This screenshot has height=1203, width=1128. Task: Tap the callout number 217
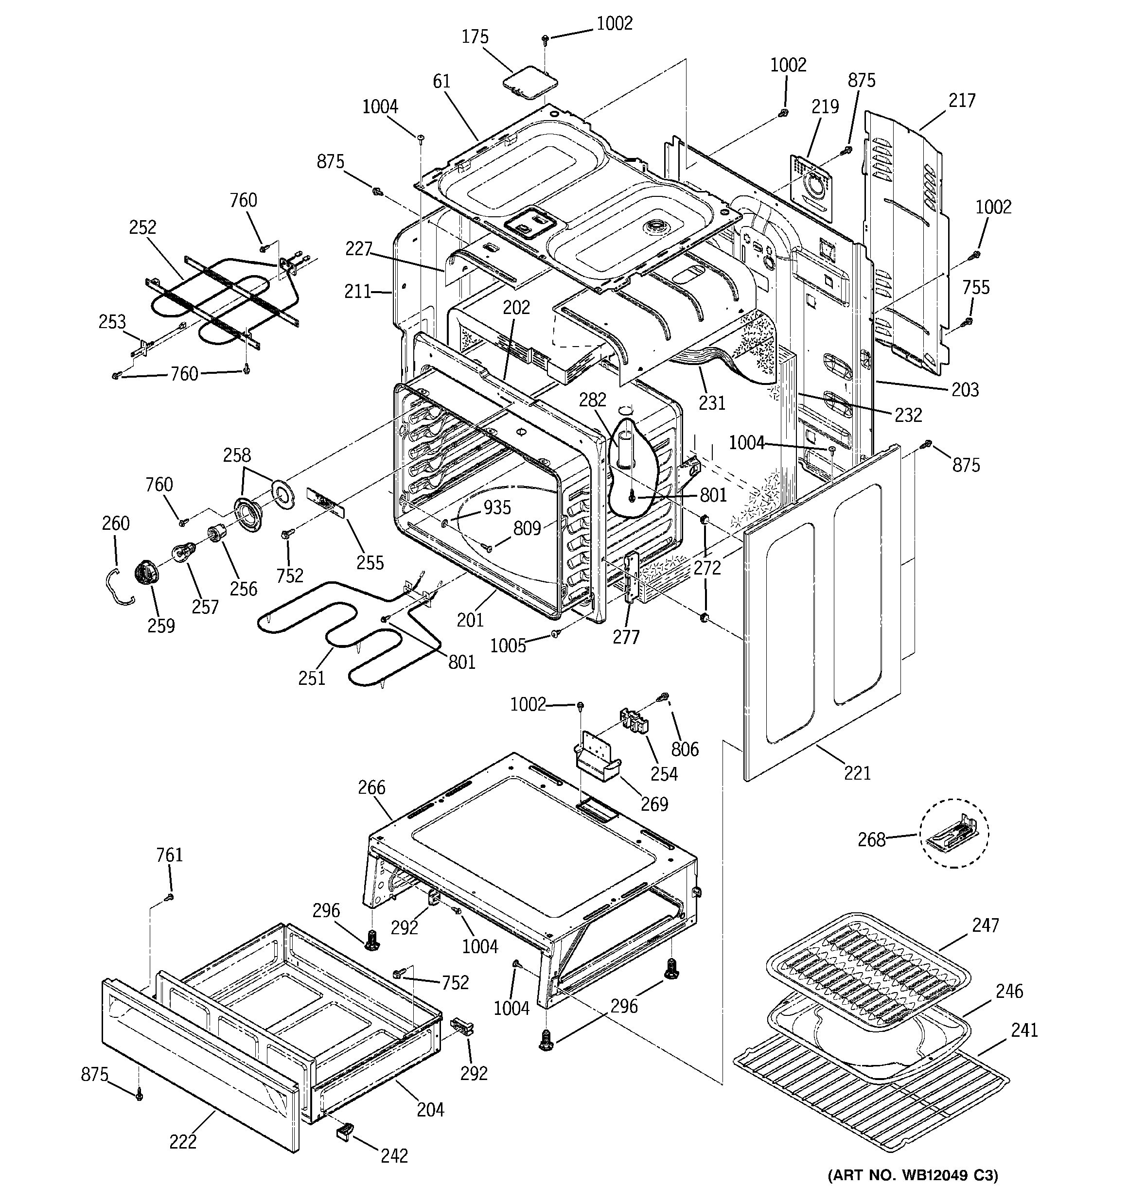pyautogui.click(x=962, y=101)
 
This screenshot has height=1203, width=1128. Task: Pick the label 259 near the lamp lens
pyautogui.click(x=161, y=626)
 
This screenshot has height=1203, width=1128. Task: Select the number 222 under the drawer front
pyautogui.click(x=183, y=1141)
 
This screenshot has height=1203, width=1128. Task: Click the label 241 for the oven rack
pyautogui.click(x=1024, y=1029)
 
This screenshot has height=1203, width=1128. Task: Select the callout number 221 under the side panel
pyautogui.click(x=857, y=773)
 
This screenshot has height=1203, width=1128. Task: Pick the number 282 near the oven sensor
pyautogui.click(x=592, y=400)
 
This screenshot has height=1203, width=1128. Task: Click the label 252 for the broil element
pyautogui.click(x=142, y=227)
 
